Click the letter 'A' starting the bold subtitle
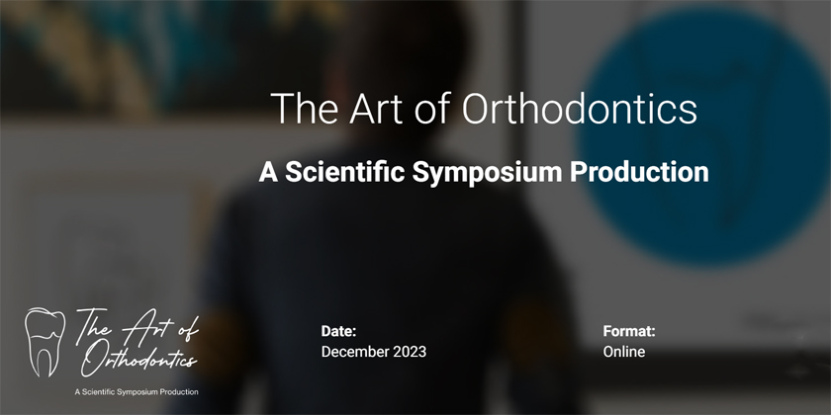point(268,171)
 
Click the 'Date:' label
point(338,332)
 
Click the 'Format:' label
point(629,332)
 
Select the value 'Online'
point(624,352)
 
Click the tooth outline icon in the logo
point(45,342)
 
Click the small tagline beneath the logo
point(137,392)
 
